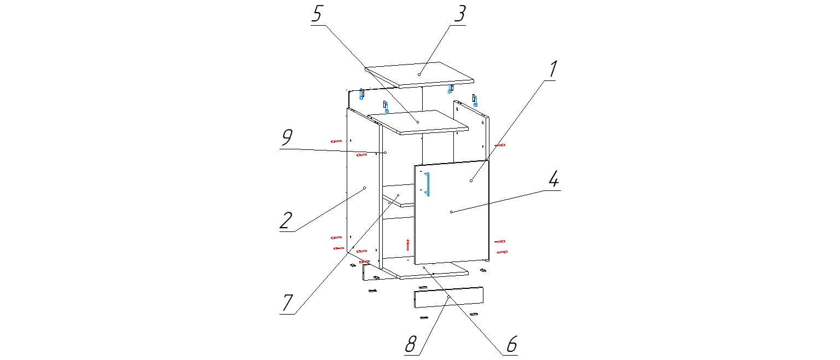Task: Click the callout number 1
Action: coord(553,69)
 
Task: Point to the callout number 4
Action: coord(553,179)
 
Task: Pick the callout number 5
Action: coord(317,14)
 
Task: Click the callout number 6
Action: coord(511,344)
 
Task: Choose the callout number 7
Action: coord(288,302)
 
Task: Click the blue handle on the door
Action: coord(428,184)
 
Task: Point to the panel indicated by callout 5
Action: coord(418,122)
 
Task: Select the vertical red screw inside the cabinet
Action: coord(407,243)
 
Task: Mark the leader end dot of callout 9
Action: coord(386,152)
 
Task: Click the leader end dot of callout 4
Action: coord(451,212)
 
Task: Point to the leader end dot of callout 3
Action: coord(419,74)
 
